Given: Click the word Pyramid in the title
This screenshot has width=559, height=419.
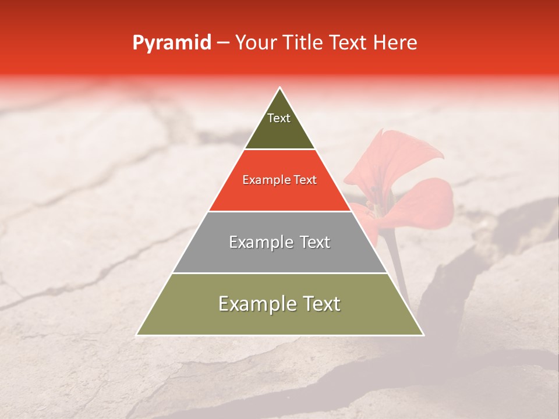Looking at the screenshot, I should pos(172,43).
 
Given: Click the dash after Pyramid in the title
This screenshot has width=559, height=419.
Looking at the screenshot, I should pos(223,43).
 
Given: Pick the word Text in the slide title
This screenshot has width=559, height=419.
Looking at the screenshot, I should pos(349,43).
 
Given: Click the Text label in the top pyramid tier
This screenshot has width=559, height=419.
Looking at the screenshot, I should pos(279,118).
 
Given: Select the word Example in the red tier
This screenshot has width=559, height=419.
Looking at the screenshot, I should pos(264,180).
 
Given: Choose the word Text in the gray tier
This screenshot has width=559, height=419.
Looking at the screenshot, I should pos(312,242).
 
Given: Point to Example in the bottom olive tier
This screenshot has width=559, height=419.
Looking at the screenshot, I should pos(254,304).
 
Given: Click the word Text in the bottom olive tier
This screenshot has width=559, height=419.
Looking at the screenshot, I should pos(320,304).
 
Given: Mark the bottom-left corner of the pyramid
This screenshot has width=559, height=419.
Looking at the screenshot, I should pos(137,335).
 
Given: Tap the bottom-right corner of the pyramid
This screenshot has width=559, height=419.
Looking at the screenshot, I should pos(423,335).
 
